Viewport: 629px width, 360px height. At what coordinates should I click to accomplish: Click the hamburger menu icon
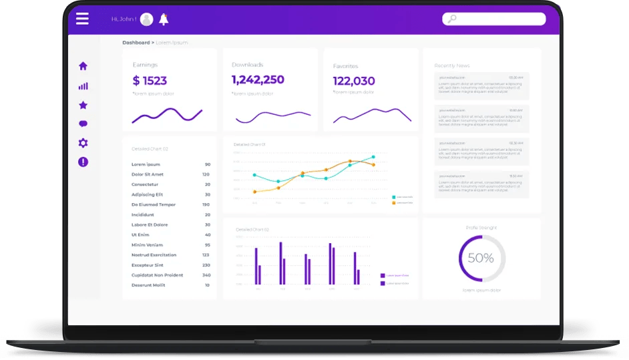(x=82, y=19)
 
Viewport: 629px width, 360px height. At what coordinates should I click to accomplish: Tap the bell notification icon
(x=164, y=19)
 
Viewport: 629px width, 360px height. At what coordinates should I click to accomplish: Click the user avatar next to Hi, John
(x=146, y=19)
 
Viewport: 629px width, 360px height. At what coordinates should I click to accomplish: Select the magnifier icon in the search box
(x=452, y=19)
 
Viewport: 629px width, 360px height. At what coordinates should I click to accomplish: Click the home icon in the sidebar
(x=83, y=66)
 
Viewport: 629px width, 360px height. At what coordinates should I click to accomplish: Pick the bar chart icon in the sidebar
(x=83, y=85)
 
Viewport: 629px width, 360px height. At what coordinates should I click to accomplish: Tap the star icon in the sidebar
(x=83, y=105)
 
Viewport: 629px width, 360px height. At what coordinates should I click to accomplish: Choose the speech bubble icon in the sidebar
(x=83, y=124)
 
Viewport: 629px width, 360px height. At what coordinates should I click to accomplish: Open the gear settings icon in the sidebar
(x=83, y=143)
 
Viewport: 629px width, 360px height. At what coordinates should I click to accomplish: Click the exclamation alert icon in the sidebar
(x=83, y=162)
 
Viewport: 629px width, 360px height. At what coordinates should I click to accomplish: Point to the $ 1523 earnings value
(x=150, y=81)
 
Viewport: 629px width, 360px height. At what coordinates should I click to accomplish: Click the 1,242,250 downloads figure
(x=258, y=79)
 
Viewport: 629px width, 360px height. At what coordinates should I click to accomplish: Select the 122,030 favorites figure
(x=354, y=81)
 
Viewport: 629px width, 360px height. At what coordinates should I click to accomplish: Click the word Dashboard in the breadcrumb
(x=136, y=43)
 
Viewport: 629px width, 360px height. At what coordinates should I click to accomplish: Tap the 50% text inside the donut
(x=481, y=258)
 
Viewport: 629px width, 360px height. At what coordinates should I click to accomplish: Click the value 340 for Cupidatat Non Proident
(x=206, y=275)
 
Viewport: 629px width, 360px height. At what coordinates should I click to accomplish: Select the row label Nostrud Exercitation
(x=154, y=255)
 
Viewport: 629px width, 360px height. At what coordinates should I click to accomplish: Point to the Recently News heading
(x=452, y=65)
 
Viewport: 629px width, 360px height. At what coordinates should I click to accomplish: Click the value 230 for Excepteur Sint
(x=206, y=265)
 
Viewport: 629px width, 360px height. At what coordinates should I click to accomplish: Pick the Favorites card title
(x=345, y=66)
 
